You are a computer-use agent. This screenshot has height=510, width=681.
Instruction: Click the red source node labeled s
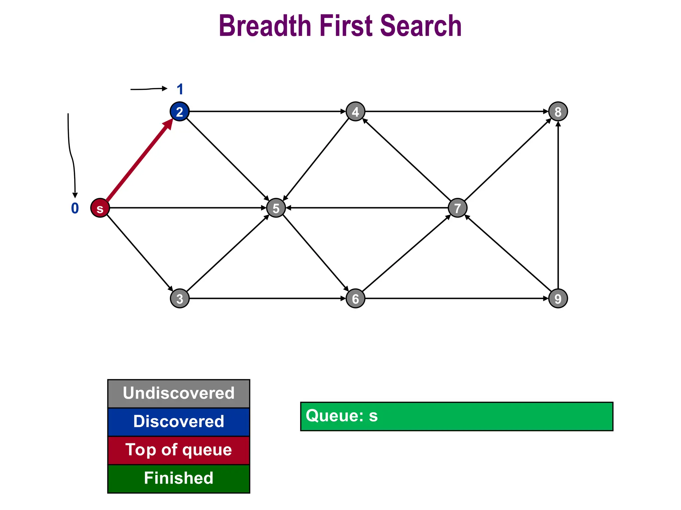click(100, 208)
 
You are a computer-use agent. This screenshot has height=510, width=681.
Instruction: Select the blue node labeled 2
click(180, 112)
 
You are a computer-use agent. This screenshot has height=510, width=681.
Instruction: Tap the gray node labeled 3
click(180, 298)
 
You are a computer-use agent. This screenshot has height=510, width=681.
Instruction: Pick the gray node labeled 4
click(355, 112)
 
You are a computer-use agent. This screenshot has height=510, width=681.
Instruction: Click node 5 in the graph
click(276, 208)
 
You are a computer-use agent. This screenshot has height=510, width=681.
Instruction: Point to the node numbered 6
click(355, 298)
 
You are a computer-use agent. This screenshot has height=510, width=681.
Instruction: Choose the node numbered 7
click(458, 208)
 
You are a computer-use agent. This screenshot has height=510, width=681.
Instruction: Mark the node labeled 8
click(558, 112)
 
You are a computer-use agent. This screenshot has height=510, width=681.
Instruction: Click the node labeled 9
click(558, 298)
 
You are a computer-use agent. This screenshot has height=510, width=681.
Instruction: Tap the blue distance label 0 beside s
click(75, 208)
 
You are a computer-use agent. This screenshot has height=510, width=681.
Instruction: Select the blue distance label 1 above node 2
click(180, 89)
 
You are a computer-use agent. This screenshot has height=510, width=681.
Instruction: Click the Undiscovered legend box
click(179, 393)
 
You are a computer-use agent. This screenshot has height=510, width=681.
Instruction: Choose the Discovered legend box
click(179, 422)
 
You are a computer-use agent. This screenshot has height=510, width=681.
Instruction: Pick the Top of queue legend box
click(179, 450)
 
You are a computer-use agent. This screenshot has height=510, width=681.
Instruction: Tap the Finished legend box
click(179, 478)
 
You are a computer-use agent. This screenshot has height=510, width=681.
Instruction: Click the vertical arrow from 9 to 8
click(558, 206)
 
